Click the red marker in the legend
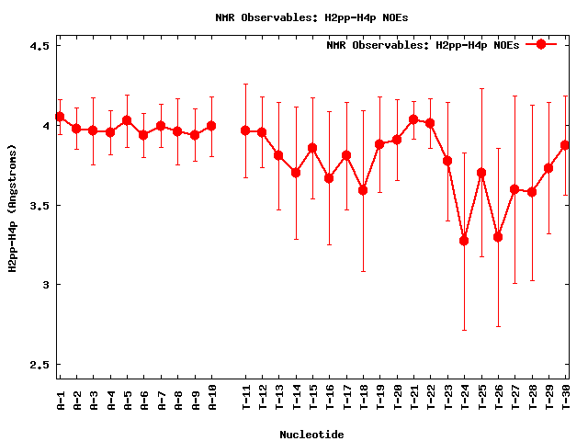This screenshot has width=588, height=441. [541, 44]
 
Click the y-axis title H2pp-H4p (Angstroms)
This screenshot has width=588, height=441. [13, 208]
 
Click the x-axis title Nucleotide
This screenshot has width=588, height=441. [311, 433]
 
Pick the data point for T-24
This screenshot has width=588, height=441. [464, 241]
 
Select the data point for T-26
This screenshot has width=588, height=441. [498, 237]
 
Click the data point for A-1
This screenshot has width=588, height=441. [60, 117]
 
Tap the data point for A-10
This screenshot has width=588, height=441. [211, 126]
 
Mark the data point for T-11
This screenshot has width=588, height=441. [245, 130]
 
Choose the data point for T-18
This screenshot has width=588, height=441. [363, 190]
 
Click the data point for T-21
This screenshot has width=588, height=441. [413, 119]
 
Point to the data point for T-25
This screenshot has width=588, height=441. [481, 173]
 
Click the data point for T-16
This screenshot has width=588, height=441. [329, 178]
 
